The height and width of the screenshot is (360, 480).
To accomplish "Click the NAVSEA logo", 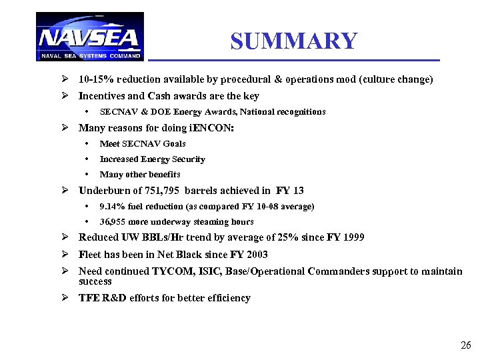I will [x=89, y=37].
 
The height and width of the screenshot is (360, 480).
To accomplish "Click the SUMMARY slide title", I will [x=294, y=41].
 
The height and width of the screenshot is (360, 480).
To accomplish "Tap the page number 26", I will [x=465, y=345].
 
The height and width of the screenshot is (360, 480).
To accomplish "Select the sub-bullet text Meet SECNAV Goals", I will [x=142, y=143].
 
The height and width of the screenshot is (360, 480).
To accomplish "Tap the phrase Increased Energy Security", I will [x=152, y=159].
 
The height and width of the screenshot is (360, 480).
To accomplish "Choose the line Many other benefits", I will [x=139, y=175].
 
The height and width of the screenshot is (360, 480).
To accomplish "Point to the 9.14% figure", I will [x=112, y=207].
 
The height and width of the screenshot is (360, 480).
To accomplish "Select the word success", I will [x=95, y=281].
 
